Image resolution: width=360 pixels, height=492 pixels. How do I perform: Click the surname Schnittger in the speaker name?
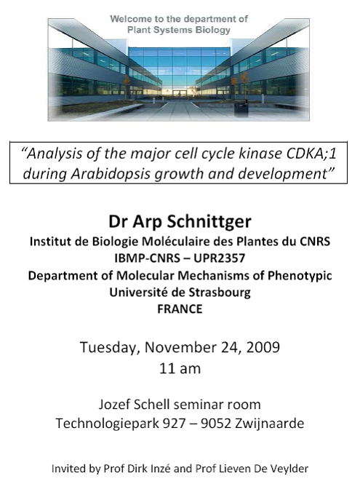209,222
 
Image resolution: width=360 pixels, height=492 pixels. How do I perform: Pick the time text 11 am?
180,368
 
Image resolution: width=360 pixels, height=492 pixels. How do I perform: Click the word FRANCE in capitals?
180,309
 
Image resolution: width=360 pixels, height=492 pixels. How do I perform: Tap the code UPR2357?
219,258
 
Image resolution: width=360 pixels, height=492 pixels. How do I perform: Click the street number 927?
174,424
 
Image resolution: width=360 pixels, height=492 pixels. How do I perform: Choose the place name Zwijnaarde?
269,424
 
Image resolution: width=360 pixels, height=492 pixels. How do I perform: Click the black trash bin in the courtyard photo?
241,109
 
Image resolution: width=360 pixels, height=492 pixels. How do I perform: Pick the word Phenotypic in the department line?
300,276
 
